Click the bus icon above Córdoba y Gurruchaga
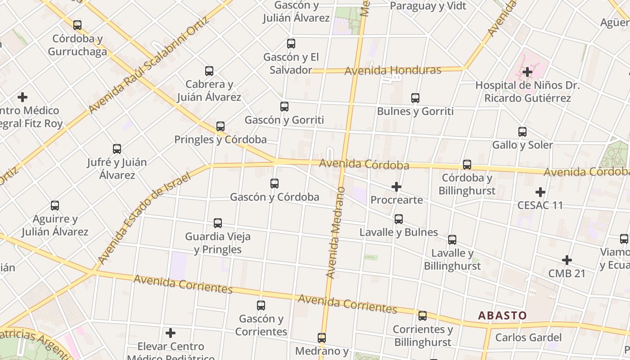[x=77, y=25]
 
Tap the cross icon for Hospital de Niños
[x=527, y=72]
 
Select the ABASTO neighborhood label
[x=502, y=315]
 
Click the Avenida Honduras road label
[x=392, y=71]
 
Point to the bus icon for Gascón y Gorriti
[x=284, y=107]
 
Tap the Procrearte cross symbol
[x=396, y=187]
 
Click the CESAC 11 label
[x=540, y=205]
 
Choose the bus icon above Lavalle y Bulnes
[x=399, y=219]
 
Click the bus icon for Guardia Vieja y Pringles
[x=218, y=223]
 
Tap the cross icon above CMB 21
[x=567, y=260]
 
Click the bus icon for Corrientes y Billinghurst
[x=423, y=316]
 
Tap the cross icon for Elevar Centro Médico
[x=171, y=333]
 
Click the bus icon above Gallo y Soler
[x=522, y=132]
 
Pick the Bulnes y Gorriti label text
[x=415, y=111]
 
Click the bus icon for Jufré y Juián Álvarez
[x=117, y=149]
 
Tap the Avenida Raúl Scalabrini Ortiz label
[x=149, y=66]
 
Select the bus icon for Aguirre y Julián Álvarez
[x=55, y=206]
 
